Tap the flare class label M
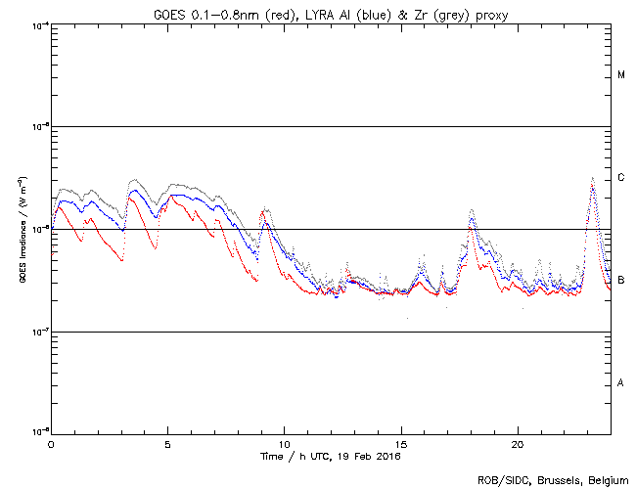tap(621, 74)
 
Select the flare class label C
tap(621, 178)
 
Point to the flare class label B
tap(621, 281)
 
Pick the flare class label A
tap(621, 382)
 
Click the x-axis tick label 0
tap(51, 443)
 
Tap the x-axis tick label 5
tap(167, 443)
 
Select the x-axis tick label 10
tap(284, 443)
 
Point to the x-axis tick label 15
tap(401, 443)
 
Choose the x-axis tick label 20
tap(518, 443)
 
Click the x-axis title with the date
tap(331, 456)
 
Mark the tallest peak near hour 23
tap(592, 179)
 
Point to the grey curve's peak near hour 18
tap(473, 209)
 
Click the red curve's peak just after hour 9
tap(263, 211)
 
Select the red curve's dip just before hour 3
tap(121, 261)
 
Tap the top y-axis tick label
tap(36, 25)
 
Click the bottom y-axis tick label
tap(36, 432)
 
